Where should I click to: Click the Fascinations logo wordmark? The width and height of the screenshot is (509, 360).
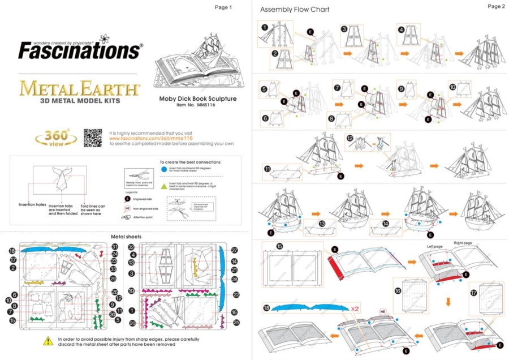coord(79,50)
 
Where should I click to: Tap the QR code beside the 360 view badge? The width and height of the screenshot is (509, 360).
coord(93,138)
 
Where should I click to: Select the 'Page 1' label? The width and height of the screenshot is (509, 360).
coord(223,7)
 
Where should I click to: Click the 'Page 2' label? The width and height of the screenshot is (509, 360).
coord(495,6)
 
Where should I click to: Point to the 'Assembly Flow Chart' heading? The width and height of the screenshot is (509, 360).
coord(294,10)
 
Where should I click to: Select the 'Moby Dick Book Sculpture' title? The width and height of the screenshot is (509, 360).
coord(197,98)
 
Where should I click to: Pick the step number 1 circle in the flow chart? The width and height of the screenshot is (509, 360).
coord(265,27)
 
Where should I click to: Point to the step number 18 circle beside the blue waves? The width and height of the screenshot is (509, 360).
coord(266,308)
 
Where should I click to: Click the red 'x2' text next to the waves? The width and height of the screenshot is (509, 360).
coord(355,308)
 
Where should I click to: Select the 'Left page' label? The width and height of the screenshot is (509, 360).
coord(434,247)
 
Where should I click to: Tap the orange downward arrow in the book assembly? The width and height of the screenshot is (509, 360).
coord(448,301)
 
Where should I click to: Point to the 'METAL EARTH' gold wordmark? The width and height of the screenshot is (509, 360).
coord(79,89)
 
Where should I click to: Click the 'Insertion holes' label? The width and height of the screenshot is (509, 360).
coord(32,204)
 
